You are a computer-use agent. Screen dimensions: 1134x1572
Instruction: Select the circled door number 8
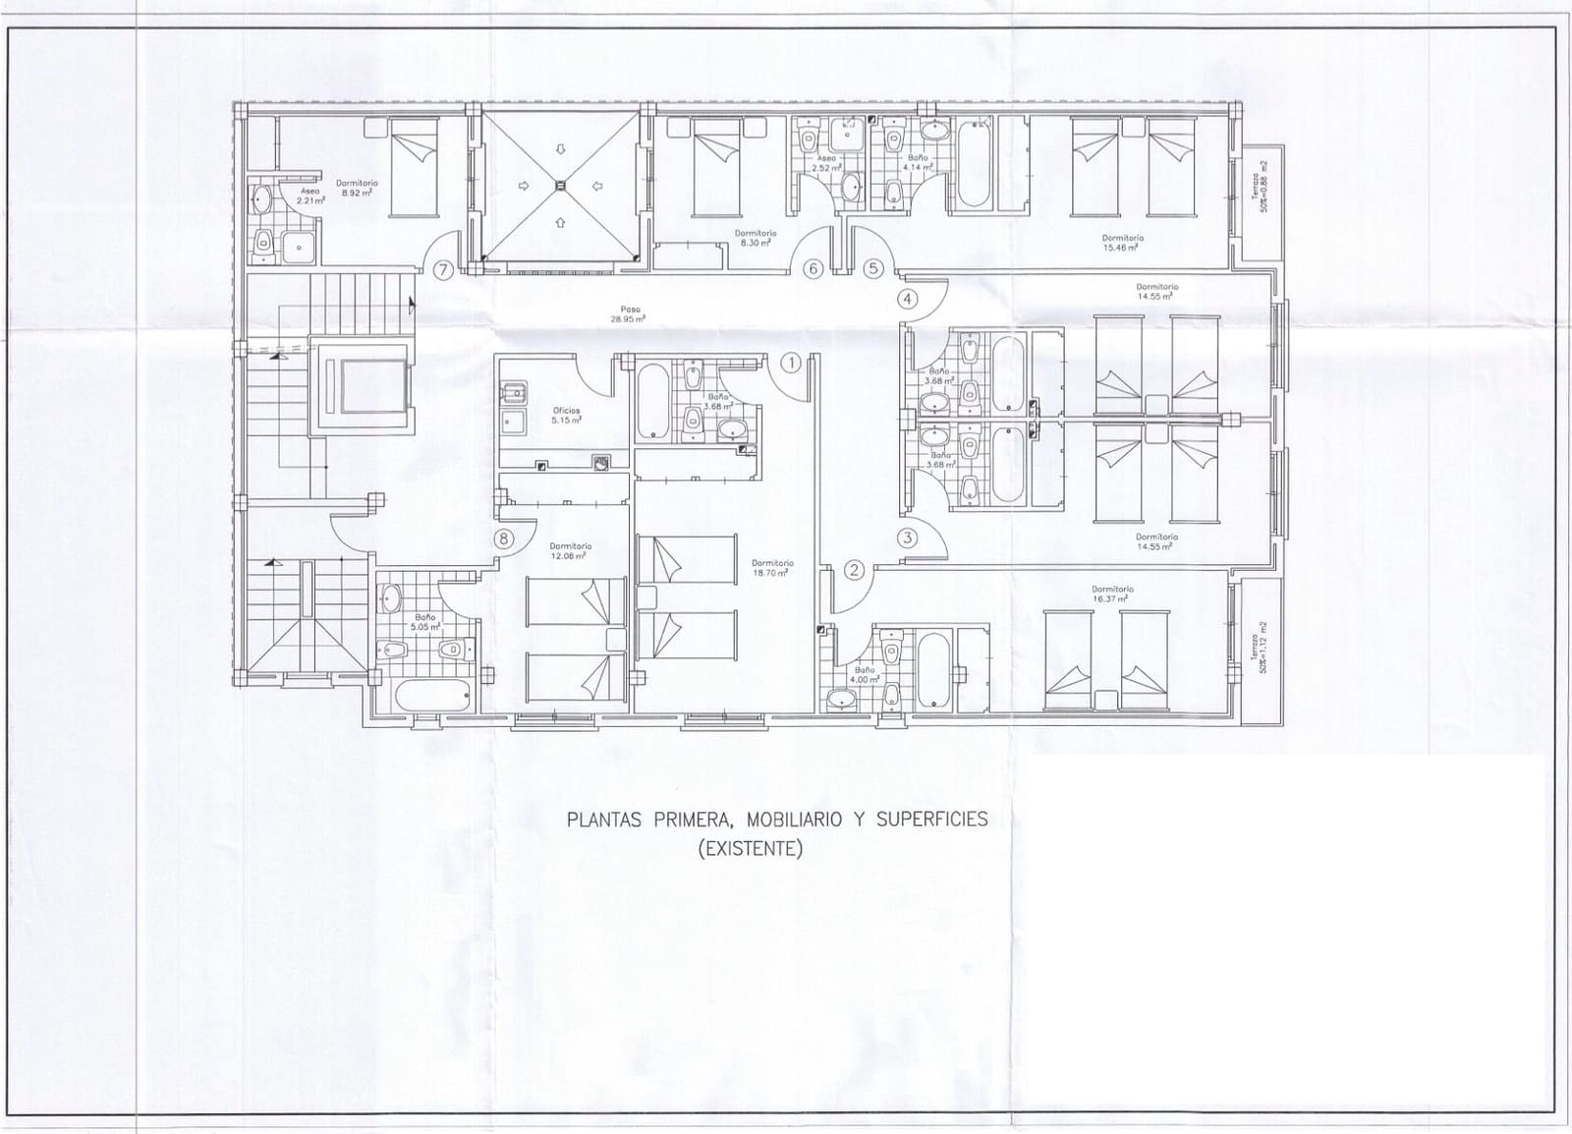point(504,538)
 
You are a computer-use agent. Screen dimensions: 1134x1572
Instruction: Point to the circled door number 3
point(907,538)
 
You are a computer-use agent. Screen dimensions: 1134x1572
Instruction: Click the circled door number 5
point(873,268)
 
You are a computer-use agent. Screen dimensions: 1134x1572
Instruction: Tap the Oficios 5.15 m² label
point(567,415)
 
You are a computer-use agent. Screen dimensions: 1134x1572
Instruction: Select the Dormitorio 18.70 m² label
point(772,567)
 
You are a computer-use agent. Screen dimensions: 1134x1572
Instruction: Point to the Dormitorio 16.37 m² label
point(1112,594)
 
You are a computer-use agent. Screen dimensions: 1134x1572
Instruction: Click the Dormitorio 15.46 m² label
point(1122,242)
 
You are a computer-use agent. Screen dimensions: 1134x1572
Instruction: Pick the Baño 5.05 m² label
point(424,621)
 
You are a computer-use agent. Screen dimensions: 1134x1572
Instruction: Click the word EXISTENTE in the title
point(750,848)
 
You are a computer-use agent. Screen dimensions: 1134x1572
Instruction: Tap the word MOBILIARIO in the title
point(790,820)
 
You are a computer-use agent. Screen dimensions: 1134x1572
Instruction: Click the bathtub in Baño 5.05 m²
point(432,697)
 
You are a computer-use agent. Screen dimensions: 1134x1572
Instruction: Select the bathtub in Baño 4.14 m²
point(973,164)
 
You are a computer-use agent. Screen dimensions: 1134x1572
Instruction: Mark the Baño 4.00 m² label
point(864,674)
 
